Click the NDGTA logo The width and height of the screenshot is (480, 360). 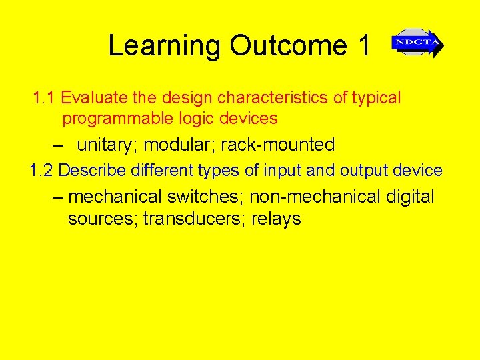tap(417, 44)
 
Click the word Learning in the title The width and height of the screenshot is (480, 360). tap(164, 46)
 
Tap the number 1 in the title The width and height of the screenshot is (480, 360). tap(364, 46)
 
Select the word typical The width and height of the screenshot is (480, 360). tap(376, 99)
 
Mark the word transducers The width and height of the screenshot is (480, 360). tap(195, 219)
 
